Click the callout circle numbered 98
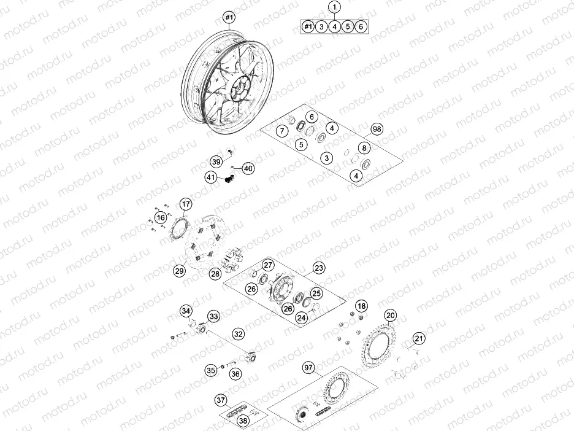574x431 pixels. point(377,130)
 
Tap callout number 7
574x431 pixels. point(282,131)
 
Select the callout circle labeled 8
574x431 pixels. point(364,148)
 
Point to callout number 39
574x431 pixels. point(216,162)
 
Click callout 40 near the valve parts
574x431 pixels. point(248,168)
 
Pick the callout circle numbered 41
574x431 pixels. point(211,178)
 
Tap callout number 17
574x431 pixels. point(186,204)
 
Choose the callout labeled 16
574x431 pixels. point(160,217)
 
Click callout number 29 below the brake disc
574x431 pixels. point(178,270)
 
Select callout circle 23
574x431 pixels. point(319,268)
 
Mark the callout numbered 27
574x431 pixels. point(267,265)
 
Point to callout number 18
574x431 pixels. point(362,306)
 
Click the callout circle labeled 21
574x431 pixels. point(418,338)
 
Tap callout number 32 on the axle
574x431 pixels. point(238,335)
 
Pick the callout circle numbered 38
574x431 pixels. point(243,421)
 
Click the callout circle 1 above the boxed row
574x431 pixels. point(334,8)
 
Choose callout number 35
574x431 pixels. point(211,370)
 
